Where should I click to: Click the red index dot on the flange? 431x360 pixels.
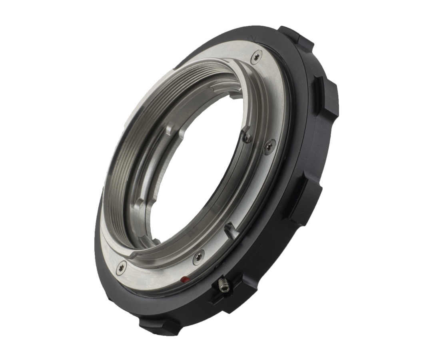[184, 280]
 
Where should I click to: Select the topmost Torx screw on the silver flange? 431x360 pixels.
[256, 58]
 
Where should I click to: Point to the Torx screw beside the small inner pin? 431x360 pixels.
[269, 146]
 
